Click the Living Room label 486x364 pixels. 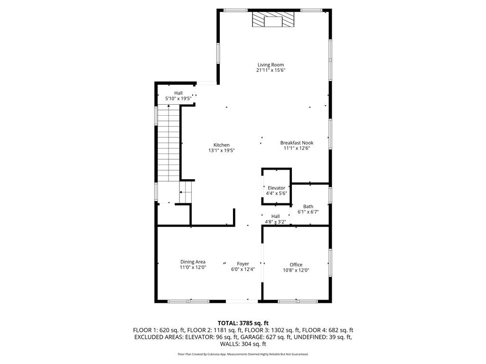pos(271,65)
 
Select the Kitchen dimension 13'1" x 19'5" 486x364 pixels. pos(221,150)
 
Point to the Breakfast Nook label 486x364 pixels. pos(297,143)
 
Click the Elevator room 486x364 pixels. pos(276,188)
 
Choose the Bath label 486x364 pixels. pos(308,206)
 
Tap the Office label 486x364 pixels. pos(296,264)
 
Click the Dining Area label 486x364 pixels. pos(193,262)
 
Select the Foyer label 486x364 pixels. pos(243,264)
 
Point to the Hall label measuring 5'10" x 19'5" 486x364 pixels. pos(178,93)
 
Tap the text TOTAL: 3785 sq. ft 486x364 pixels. pos(243,323)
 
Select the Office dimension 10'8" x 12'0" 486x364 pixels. pos(296,270)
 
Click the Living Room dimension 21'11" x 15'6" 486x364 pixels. pos(271,70)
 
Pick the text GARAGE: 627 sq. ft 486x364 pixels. pos(276,337)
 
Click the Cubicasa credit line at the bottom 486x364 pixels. pos(243,354)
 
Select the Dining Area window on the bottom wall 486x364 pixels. pos(188,300)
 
